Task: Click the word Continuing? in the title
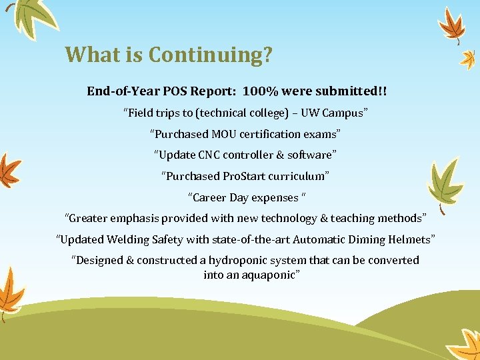tap(210, 55)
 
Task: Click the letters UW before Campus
tap(311, 113)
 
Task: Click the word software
tap(310, 155)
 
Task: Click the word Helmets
tap(410, 239)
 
